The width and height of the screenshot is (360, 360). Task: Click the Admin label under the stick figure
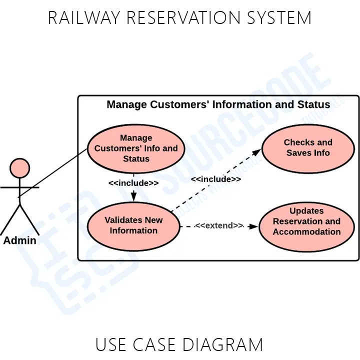pyautogui.click(x=20, y=240)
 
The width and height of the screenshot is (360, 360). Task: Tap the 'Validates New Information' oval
pyautogui.click(x=133, y=225)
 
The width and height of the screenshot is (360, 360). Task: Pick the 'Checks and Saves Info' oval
pyautogui.click(x=308, y=148)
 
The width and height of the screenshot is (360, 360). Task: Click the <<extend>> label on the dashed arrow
pyautogui.click(x=219, y=226)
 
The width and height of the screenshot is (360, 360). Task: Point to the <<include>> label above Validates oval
pyautogui.click(x=133, y=183)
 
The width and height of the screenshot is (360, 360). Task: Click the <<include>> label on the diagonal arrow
pyautogui.click(x=216, y=179)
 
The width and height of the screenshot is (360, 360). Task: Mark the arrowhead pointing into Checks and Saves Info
pyautogui.click(x=257, y=151)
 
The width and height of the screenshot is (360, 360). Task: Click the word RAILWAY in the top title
pyautogui.click(x=83, y=18)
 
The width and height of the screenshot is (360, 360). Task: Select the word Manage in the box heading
pyautogui.click(x=127, y=104)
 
